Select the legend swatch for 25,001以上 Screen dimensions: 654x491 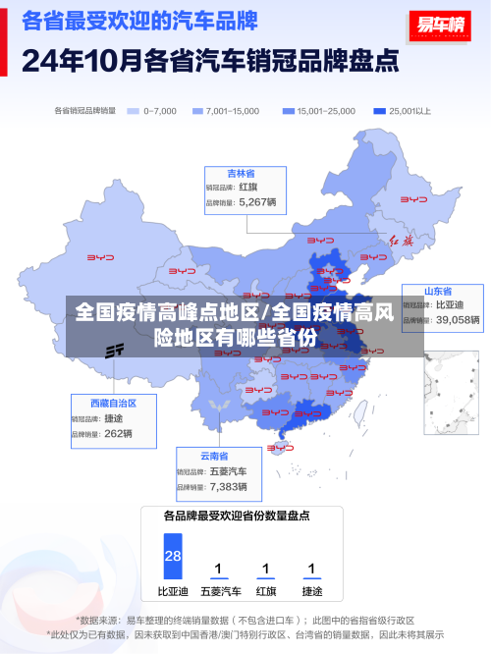coord(379,111)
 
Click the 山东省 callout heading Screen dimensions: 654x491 coord(438,292)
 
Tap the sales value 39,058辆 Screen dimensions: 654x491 coord(458,320)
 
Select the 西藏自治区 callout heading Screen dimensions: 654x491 coord(113,404)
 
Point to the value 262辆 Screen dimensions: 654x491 coord(118,433)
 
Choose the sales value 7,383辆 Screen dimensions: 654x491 coord(228,486)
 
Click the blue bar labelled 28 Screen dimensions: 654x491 coord(173,556)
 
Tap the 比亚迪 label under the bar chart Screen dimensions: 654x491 coord(173,591)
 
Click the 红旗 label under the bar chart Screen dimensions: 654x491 coord(265,591)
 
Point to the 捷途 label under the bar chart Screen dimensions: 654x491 coord(312,591)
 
